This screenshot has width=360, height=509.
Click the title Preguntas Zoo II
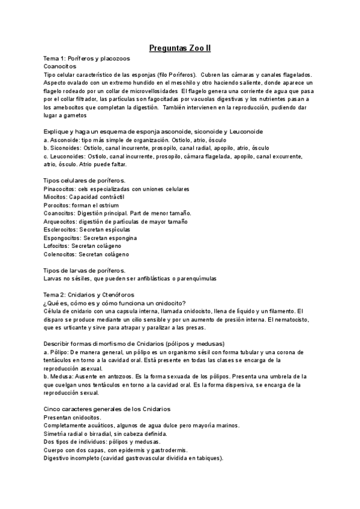(179, 48)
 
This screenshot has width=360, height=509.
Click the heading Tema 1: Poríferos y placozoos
(87, 58)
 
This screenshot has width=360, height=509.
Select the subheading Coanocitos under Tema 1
(60, 66)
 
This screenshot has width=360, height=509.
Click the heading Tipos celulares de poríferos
(85, 180)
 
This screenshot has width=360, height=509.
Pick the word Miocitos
(55, 196)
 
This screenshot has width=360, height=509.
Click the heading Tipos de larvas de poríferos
(85, 270)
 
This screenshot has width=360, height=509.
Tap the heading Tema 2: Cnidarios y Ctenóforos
(89, 295)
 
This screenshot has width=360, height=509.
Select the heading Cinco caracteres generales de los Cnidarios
(107, 408)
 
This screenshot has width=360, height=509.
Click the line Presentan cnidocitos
(73, 417)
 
